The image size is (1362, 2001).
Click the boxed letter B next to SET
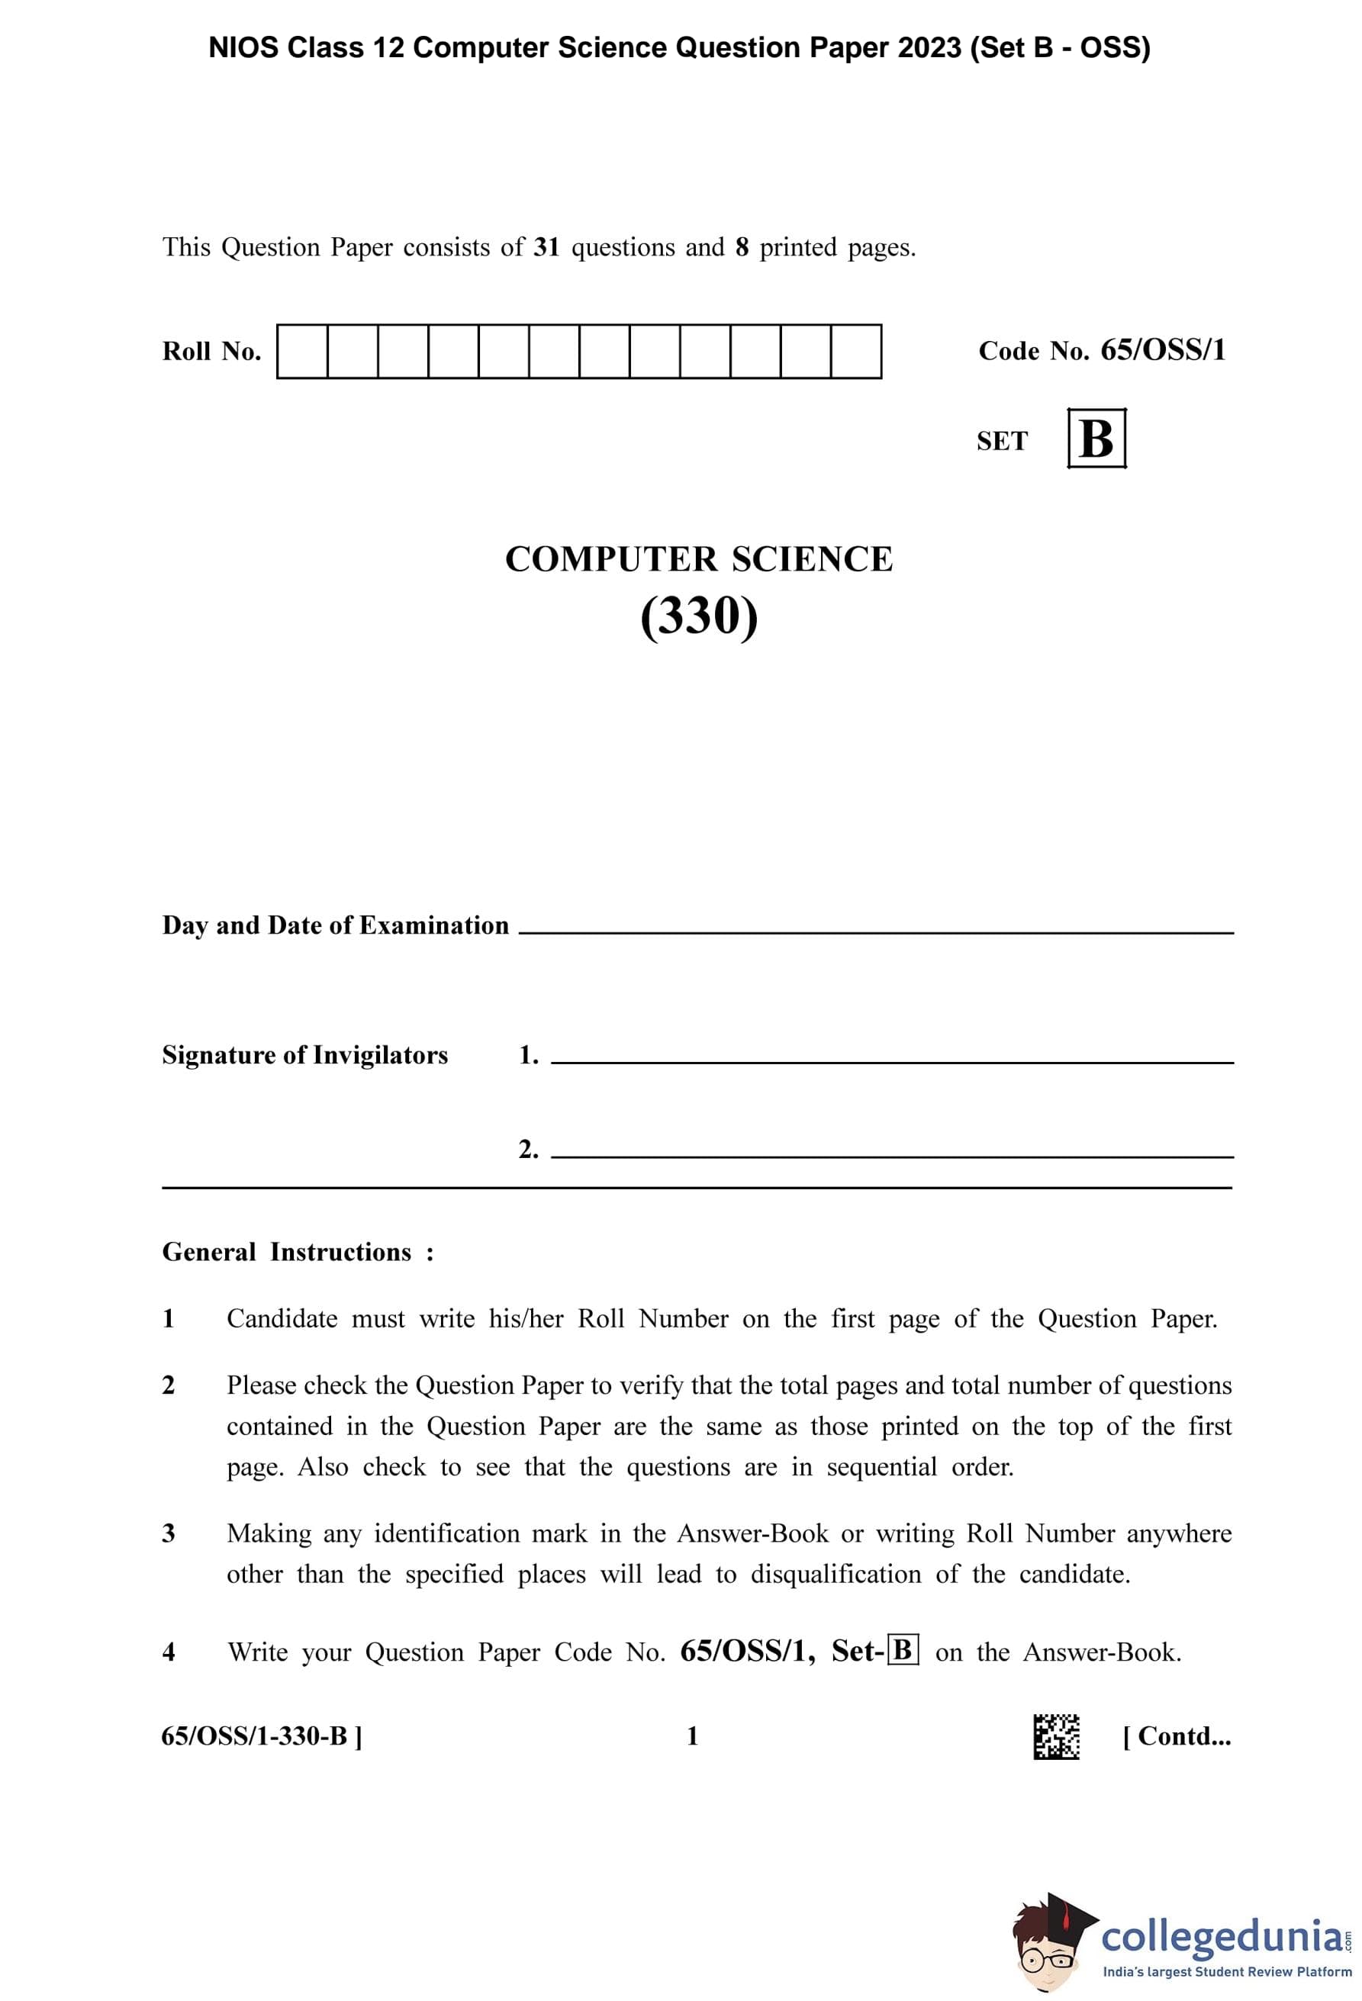[1096, 438]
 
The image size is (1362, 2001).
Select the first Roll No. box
[302, 351]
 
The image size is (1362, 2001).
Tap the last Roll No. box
[856, 351]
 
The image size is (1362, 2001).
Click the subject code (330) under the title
[698, 616]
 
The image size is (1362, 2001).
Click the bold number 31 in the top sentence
[546, 248]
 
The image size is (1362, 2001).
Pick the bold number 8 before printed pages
[742, 248]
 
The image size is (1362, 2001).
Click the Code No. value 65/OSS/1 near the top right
[1162, 349]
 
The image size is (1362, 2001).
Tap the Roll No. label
[211, 351]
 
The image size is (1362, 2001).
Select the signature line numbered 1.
[891, 1061]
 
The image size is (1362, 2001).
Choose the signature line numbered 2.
[891, 1155]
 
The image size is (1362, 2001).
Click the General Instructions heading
[297, 1252]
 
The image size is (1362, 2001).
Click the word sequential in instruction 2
[881, 1466]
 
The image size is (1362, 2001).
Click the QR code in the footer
[1055, 1736]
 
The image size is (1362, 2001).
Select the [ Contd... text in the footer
[1176, 1736]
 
